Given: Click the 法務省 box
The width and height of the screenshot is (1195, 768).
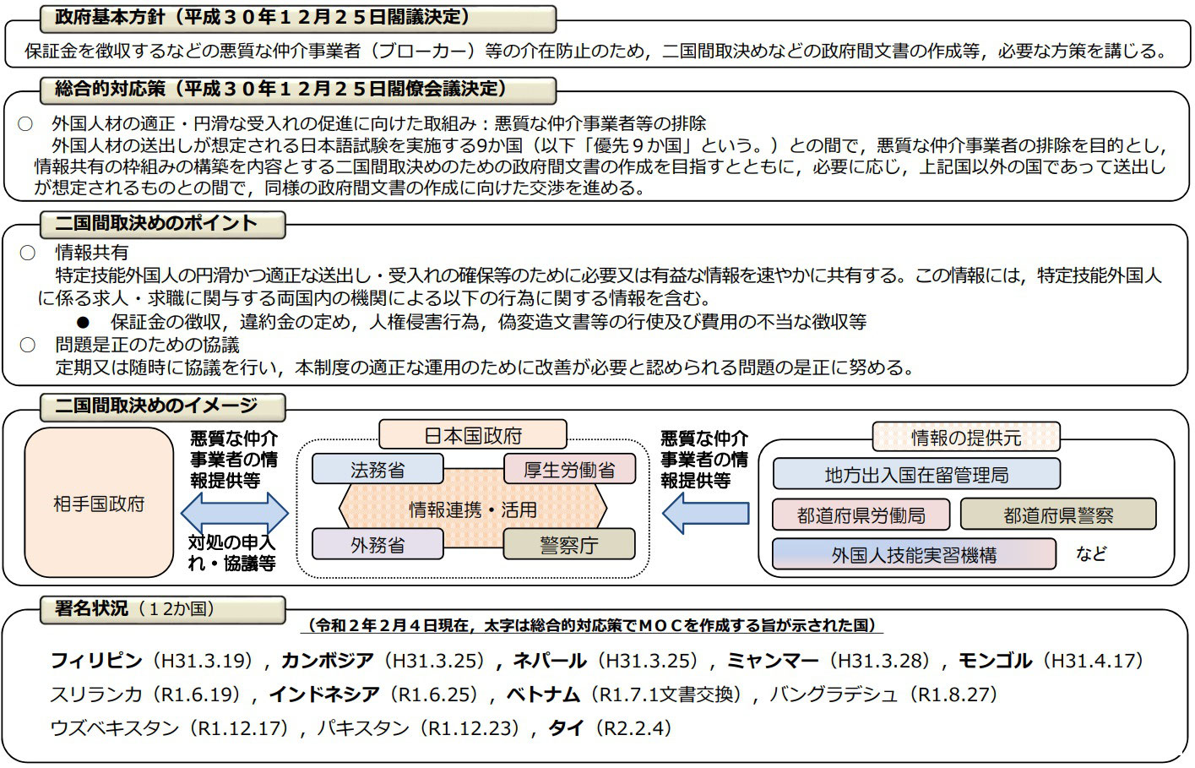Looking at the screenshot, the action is click(x=378, y=469).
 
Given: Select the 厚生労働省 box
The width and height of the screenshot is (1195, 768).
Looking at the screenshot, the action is click(x=569, y=469).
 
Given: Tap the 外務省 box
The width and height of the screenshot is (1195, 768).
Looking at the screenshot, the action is click(x=378, y=544).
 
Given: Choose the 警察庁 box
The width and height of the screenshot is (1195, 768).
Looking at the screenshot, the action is click(x=569, y=544).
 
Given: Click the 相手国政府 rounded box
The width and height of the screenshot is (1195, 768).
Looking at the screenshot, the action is click(x=99, y=502).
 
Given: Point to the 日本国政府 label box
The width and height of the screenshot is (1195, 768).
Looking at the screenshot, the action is click(x=473, y=434).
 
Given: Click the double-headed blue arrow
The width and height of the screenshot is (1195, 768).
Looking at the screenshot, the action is click(x=235, y=514).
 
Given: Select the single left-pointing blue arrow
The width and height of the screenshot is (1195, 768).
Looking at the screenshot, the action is click(x=705, y=514).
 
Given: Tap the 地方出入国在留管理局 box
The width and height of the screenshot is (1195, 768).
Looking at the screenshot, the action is click(x=916, y=474).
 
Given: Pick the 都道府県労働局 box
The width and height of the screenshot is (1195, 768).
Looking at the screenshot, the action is click(x=861, y=515).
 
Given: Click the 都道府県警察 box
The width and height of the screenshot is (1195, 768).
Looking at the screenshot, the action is click(x=1058, y=515).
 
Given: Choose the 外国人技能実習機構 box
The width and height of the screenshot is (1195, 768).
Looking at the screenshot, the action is click(x=914, y=554).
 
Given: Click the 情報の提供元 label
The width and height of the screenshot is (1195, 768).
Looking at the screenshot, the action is click(x=966, y=437).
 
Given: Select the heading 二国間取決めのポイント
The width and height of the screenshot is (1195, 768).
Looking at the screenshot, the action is click(x=156, y=223).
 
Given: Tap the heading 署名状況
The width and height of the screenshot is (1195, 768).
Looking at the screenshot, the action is click(x=91, y=607).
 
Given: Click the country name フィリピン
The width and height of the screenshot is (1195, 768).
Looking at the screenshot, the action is click(x=96, y=661).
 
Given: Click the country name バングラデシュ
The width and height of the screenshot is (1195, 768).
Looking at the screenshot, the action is click(x=834, y=694).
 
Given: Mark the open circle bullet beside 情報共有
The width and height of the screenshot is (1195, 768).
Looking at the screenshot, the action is click(x=27, y=253).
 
